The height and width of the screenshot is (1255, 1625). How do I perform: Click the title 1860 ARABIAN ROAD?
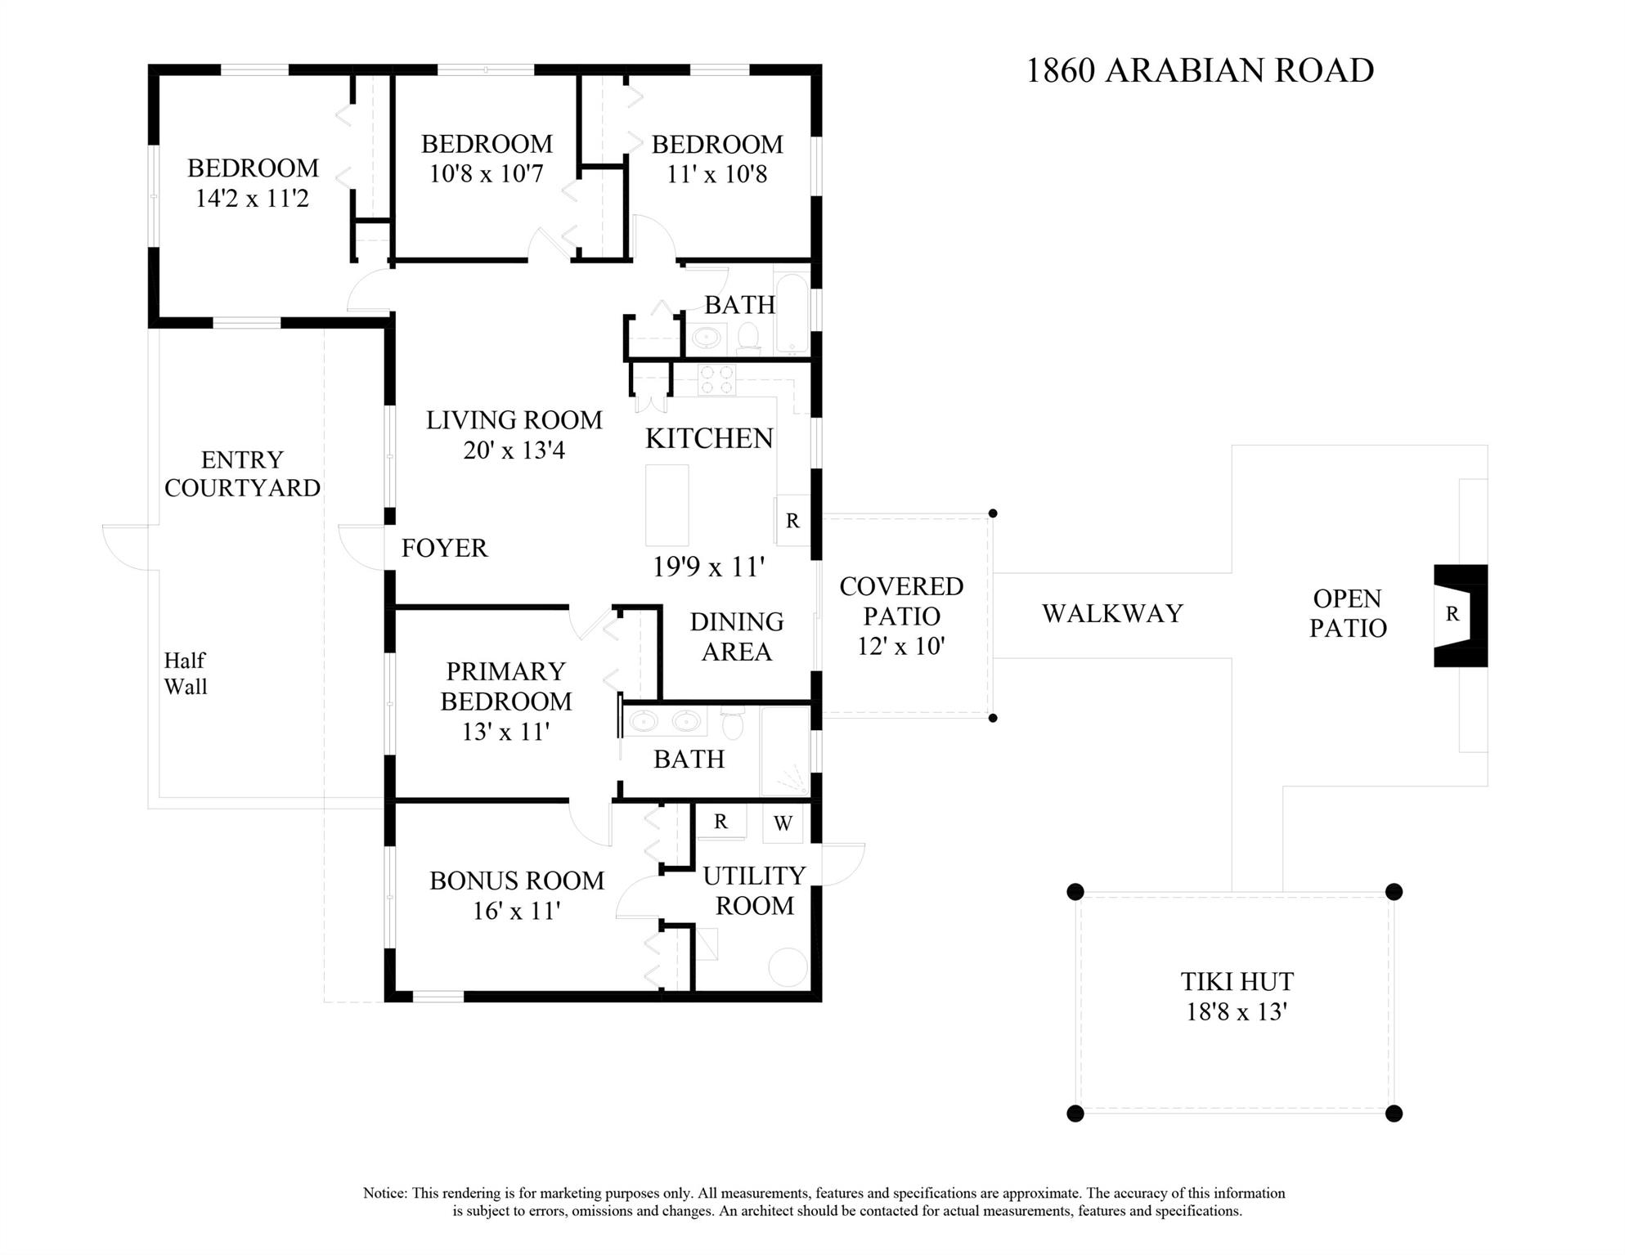click(1199, 71)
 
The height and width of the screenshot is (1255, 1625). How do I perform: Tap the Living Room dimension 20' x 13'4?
click(514, 450)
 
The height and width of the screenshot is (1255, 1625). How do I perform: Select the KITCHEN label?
click(708, 439)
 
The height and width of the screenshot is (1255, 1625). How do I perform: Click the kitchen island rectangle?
click(667, 504)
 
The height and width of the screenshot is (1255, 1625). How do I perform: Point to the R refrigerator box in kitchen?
click(792, 521)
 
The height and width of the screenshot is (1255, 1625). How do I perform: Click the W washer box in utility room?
click(783, 823)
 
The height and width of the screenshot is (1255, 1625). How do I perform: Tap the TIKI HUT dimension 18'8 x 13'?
click(1237, 1012)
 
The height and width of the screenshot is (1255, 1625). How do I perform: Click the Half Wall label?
click(186, 673)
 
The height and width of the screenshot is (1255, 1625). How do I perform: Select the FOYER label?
click(444, 548)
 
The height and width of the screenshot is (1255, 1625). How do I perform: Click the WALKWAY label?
click(1112, 613)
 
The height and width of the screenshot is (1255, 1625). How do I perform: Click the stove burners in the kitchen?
click(716, 381)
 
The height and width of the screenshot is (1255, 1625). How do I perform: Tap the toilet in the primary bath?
click(733, 724)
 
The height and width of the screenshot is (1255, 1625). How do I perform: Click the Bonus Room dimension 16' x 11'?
click(516, 911)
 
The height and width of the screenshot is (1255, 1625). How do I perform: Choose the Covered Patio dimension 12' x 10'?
click(900, 647)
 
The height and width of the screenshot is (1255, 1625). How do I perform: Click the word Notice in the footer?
click(384, 1193)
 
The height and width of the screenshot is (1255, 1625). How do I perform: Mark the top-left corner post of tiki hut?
click(1075, 891)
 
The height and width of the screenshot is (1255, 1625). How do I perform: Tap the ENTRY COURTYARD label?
click(242, 473)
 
